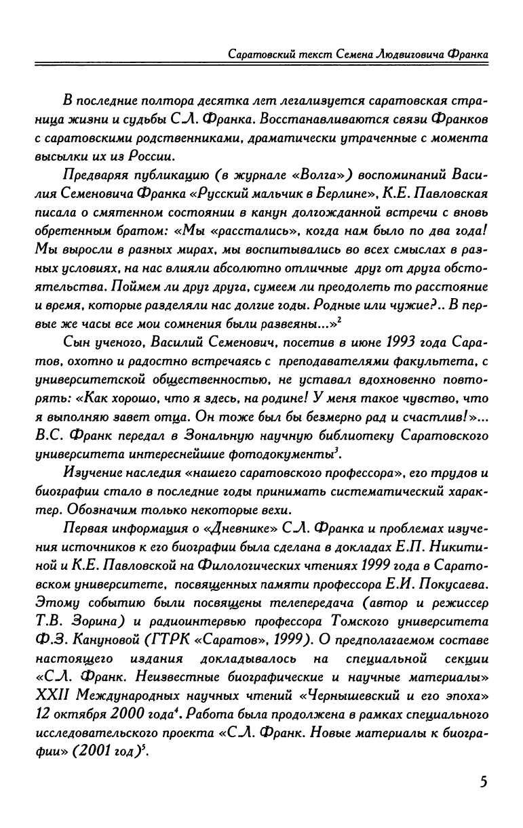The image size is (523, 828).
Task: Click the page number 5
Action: point(484,781)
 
